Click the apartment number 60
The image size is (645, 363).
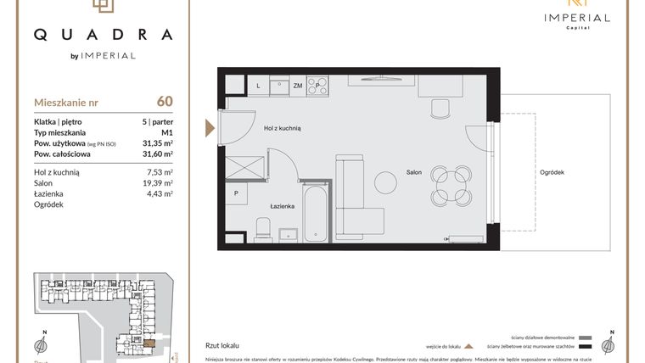click(x=165, y=102)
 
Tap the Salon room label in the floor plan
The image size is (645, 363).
click(x=414, y=173)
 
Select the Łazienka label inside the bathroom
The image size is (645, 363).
click(x=282, y=206)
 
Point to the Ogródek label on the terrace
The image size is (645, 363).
click(x=552, y=173)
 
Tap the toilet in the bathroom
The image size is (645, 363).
click(x=263, y=228)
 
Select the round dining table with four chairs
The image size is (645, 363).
click(x=446, y=185)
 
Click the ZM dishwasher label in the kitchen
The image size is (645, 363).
click(x=298, y=86)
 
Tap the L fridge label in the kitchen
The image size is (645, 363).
click(x=258, y=86)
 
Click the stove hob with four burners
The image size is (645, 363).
click(x=317, y=86)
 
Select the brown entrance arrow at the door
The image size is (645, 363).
click(x=209, y=128)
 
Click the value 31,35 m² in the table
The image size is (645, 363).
click(x=157, y=143)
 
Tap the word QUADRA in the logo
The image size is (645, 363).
click(x=103, y=35)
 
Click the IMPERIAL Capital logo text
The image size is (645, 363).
click(x=577, y=19)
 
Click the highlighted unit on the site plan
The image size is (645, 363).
click(x=149, y=343)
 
